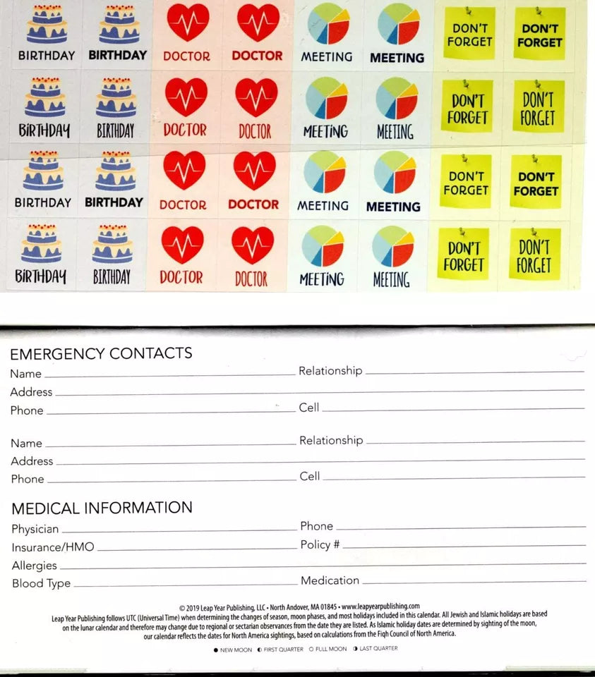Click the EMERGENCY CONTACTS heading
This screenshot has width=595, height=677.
[101, 354]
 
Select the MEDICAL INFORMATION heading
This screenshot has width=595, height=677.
[102, 508]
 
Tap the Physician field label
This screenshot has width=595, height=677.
[35, 529]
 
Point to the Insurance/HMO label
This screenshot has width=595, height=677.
[53, 547]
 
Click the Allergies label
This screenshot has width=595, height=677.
[34, 566]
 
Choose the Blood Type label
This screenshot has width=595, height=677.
[41, 584]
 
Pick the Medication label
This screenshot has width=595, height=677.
[330, 580]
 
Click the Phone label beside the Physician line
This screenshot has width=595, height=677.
[316, 526]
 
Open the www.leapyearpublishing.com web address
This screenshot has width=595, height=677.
[380, 606]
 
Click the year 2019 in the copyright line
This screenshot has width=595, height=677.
[193, 606]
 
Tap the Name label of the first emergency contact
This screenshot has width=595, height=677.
[25, 374]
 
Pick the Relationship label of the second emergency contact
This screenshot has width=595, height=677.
[331, 440]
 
